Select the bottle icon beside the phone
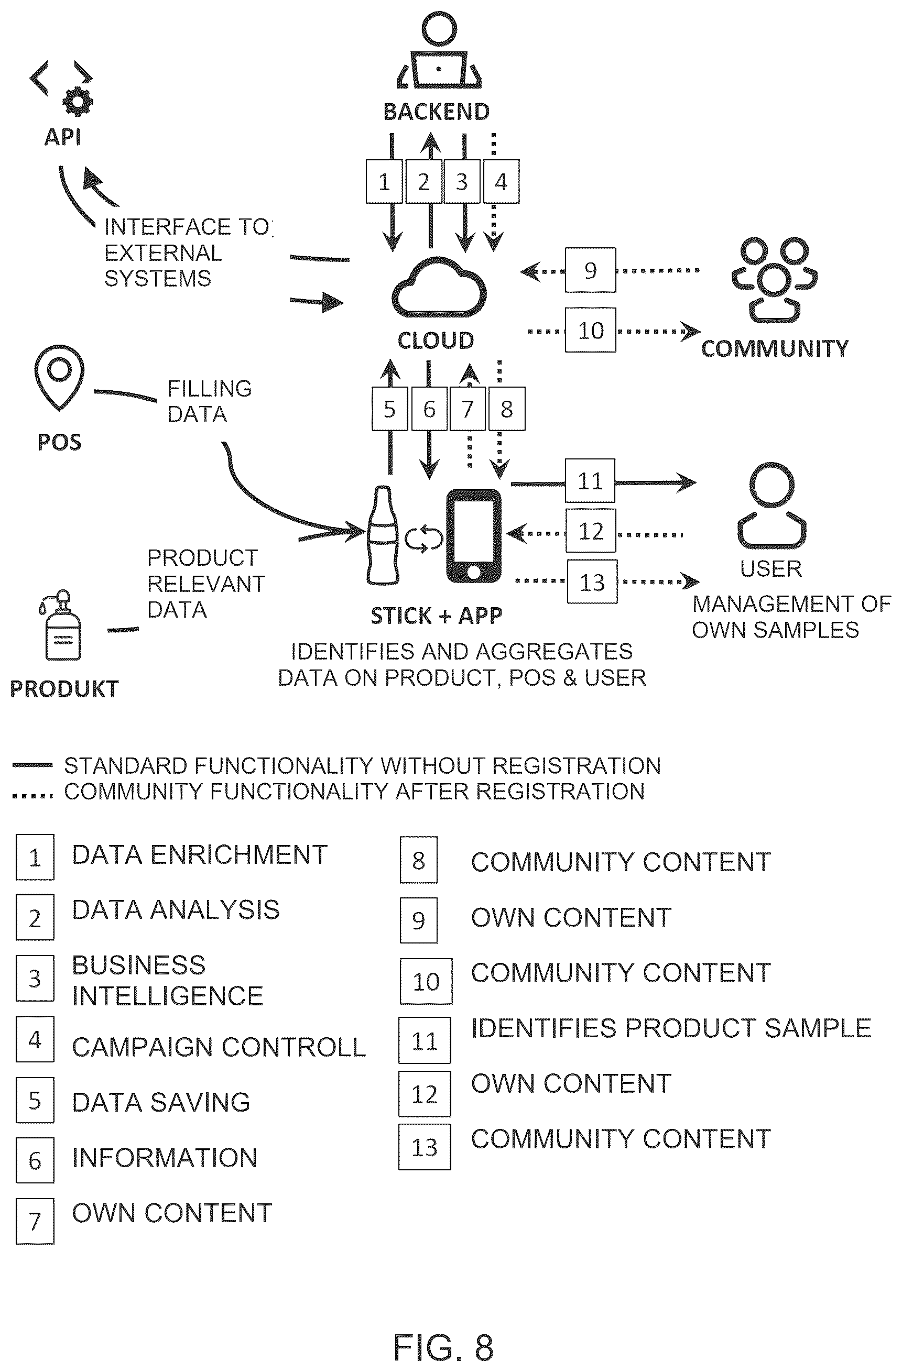pos(383,535)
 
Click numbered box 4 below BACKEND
pos(501,182)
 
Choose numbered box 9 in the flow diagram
pos(590,270)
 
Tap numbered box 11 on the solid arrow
pos(590,481)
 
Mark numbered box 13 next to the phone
pos(592,581)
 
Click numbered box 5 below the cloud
pos(390,409)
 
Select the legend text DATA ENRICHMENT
pos(200,854)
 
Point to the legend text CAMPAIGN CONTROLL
pos(219,1047)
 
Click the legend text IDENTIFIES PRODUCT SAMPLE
pos(671,1028)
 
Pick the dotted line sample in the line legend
pos(32,796)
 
